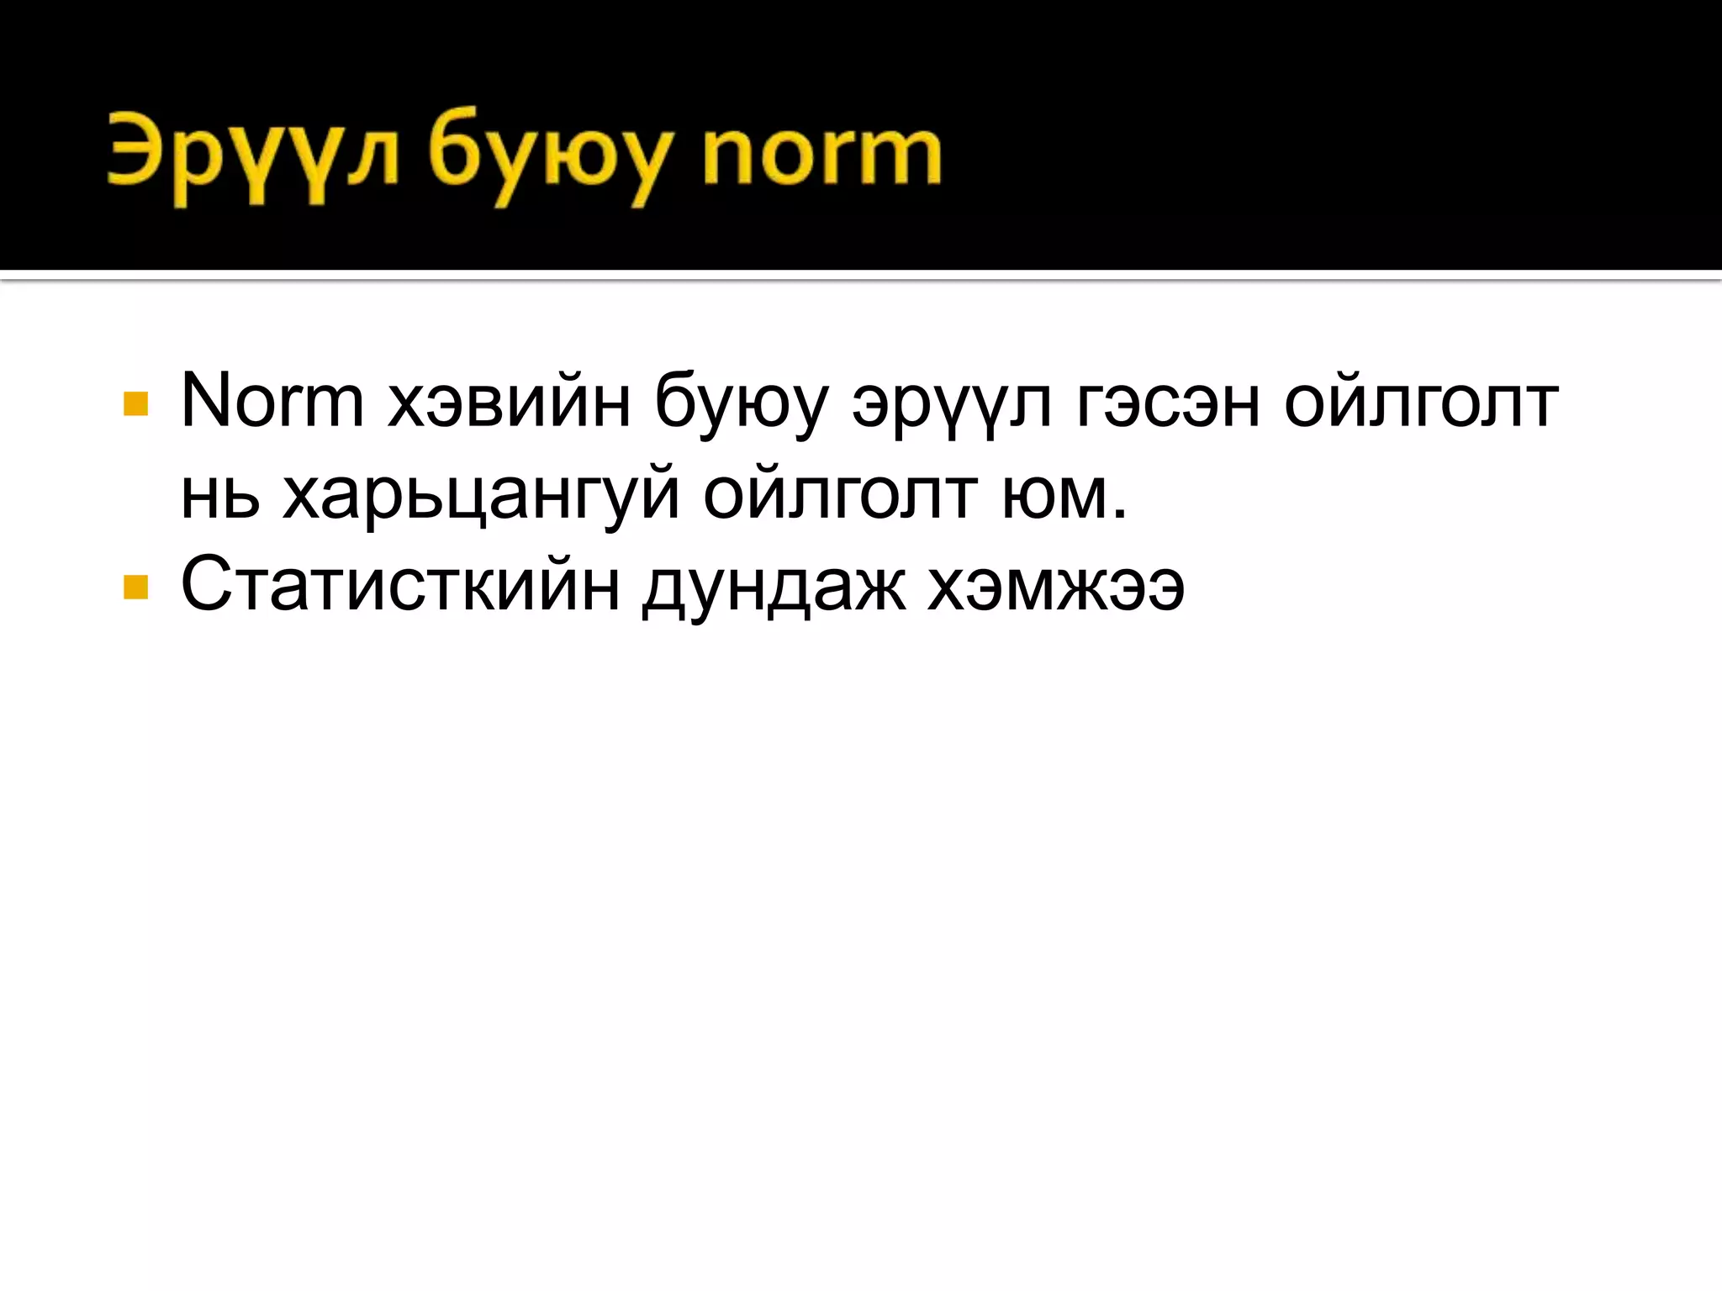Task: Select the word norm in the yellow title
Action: [821, 155]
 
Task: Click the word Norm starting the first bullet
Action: [272, 402]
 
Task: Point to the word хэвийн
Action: [510, 403]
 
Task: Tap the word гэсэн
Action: [1165, 403]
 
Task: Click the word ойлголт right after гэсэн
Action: [1421, 403]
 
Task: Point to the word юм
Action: [1056, 497]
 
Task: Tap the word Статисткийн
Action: [400, 585]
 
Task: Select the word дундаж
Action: [774, 587]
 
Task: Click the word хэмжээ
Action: [1056, 585]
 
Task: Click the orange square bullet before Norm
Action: [135, 404]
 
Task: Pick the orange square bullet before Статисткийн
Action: [135, 587]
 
